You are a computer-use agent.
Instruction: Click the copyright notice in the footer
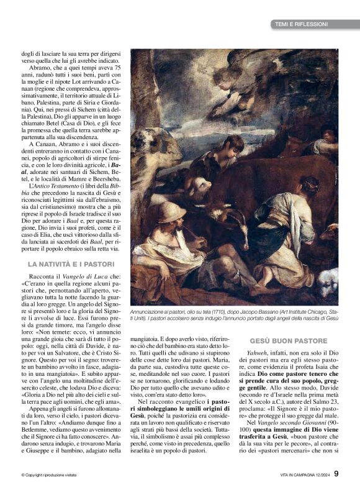tap(56, 475)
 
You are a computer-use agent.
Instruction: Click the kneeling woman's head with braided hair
tap(308, 186)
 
